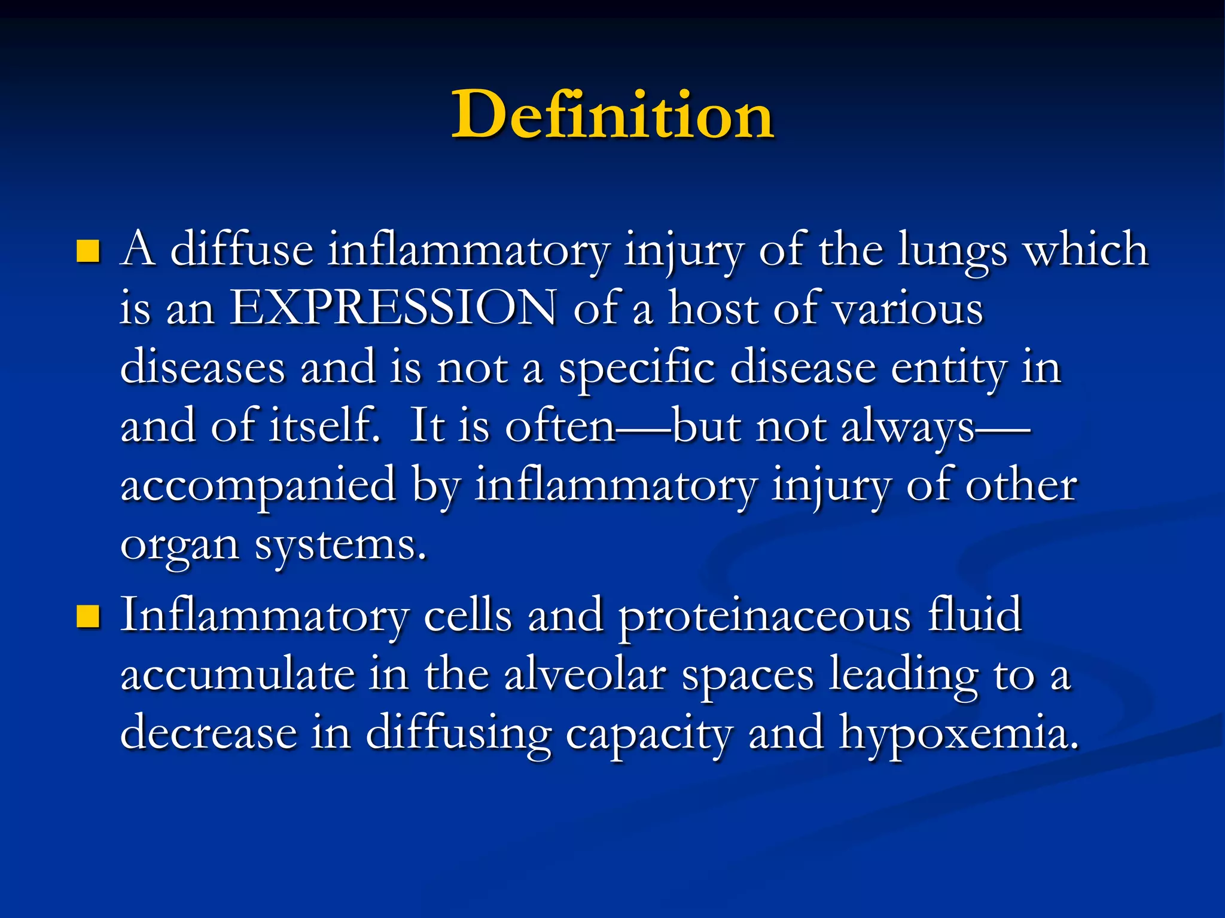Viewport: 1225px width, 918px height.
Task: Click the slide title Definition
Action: [612, 115]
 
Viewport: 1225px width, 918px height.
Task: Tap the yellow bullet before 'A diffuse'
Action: [88, 251]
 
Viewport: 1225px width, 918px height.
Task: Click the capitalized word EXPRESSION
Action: [394, 308]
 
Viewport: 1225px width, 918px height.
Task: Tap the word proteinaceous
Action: [764, 616]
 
